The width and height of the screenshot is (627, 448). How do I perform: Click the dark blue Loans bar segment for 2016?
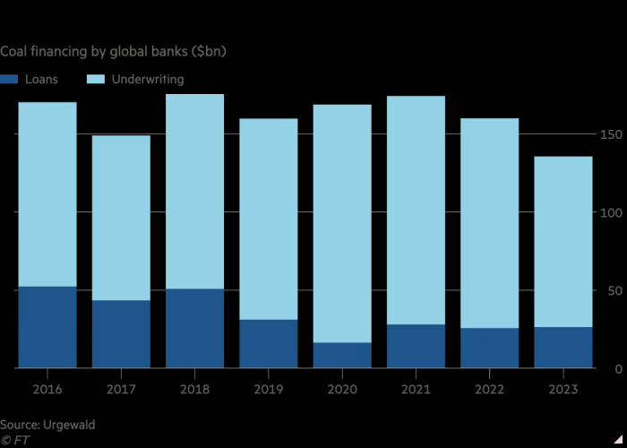47,327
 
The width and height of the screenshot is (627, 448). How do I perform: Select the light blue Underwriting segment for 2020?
342,223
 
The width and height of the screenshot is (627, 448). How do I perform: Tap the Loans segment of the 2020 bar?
342,355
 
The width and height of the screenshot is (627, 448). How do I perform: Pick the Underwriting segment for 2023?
563,242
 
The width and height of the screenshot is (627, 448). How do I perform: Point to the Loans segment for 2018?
194,328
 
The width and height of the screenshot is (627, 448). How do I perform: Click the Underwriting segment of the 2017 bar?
121,218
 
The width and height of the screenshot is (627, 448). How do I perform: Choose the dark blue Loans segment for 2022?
490,348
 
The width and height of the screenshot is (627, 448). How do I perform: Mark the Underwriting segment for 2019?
269,219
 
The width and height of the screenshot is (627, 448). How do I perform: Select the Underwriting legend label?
147,80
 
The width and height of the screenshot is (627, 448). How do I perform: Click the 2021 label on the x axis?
416,390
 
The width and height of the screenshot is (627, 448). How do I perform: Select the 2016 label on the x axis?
47,390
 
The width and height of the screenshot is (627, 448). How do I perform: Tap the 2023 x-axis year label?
563,390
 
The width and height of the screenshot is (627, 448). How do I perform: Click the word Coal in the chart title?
15,52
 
